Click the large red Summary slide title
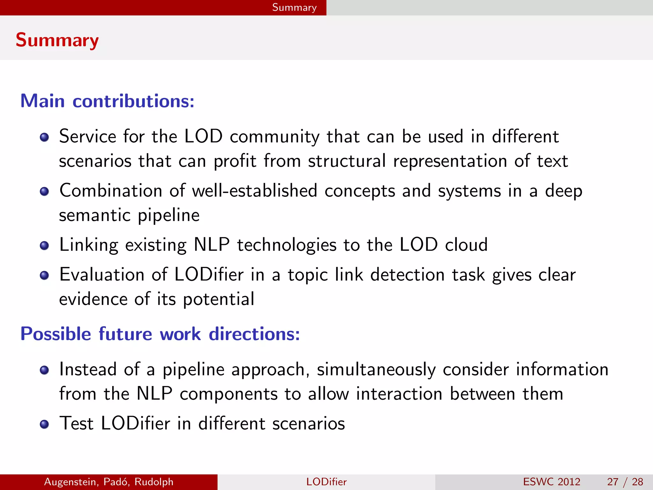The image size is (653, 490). tap(57, 40)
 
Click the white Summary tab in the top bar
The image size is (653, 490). tap(294, 7)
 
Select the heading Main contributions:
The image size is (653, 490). tap(107, 101)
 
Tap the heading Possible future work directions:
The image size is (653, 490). tap(160, 334)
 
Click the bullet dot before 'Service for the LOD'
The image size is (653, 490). tap(44, 137)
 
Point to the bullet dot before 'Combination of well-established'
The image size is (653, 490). tap(44, 191)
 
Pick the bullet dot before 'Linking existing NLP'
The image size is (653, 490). tap(44, 246)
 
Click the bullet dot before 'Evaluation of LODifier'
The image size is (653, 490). tap(44, 275)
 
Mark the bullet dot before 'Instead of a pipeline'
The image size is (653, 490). tap(44, 370)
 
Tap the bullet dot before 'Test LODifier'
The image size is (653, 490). tap(44, 424)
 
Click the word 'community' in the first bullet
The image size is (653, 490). tap(275, 137)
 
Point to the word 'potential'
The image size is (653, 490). tap(218, 299)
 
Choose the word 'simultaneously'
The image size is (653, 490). tap(376, 370)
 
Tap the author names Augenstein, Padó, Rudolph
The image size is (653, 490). tap(109, 482)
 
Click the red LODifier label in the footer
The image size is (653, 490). tap(326, 482)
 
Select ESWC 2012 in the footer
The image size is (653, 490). tap(552, 482)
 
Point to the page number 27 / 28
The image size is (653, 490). tap(625, 482)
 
